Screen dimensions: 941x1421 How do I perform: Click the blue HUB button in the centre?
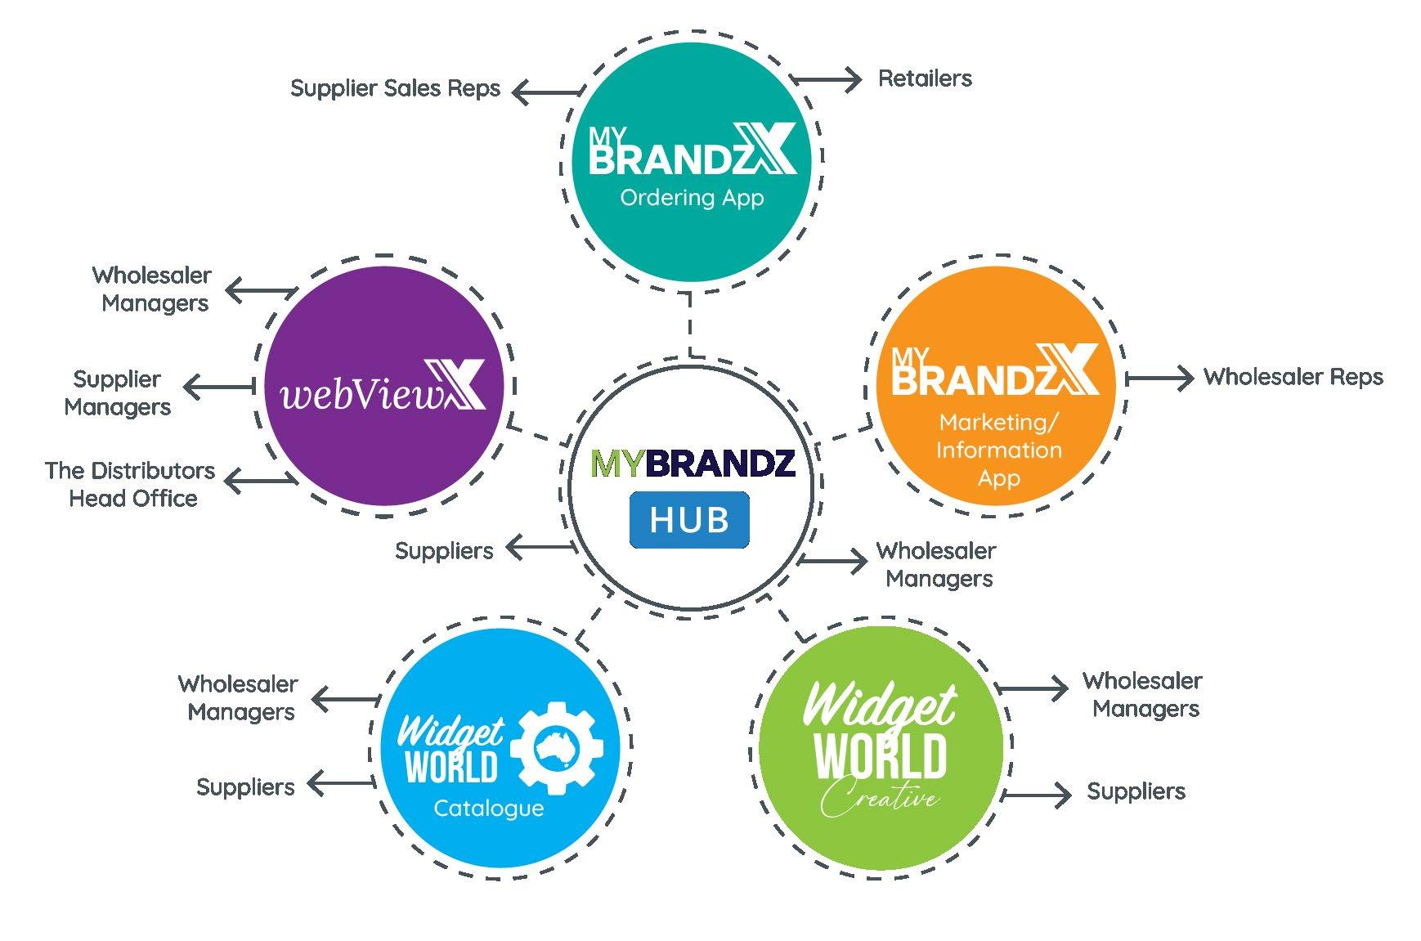[x=688, y=520]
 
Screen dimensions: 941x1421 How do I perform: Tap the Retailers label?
[x=925, y=78]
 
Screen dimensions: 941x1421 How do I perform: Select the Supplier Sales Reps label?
[x=395, y=88]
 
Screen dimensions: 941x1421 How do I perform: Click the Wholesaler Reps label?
[x=1293, y=377]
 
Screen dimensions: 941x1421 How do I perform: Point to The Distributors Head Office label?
[x=131, y=484]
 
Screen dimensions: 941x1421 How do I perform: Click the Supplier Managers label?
[x=118, y=392]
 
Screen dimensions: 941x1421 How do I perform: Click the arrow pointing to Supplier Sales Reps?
[x=546, y=92]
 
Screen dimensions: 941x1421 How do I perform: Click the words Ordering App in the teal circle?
[x=692, y=198]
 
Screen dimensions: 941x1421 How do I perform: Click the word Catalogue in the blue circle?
[x=488, y=809]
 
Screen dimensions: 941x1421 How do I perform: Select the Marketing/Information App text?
[x=998, y=450]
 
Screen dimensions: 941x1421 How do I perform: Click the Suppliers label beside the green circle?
[x=1136, y=791]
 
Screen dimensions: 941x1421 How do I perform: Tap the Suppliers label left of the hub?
[x=444, y=551]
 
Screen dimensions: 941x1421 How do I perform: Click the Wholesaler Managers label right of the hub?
[x=937, y=564]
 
